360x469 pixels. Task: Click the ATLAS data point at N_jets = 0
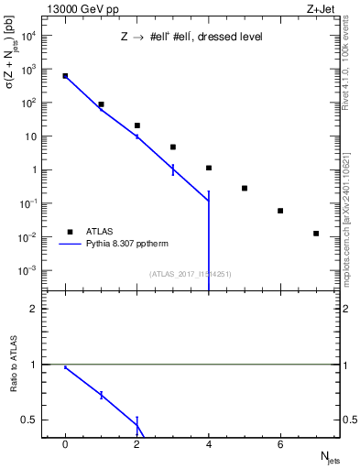(65, 76)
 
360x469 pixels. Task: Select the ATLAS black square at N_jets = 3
(173, 147)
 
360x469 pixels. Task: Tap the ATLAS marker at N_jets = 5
(245, 188)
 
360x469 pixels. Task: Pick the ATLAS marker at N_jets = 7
(316, 234)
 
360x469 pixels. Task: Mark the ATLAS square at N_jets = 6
(280, 211)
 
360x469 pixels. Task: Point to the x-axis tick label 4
(209, 444)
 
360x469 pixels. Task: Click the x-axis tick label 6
(280, 444)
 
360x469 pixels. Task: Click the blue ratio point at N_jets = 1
(101, 395)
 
